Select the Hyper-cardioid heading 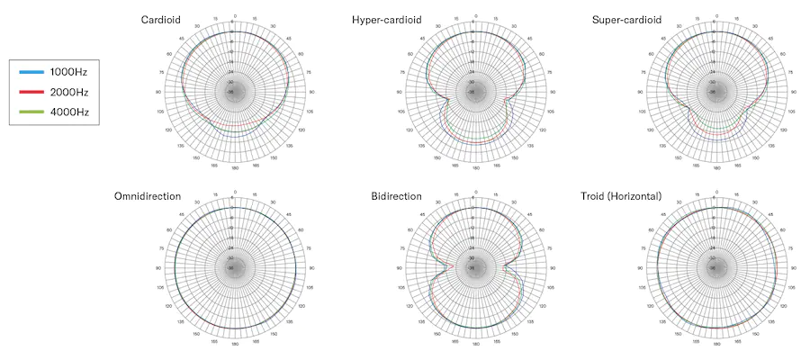pos(386,20)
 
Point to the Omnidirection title pos(148,196)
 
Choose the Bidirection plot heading pos(395,196)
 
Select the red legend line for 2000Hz pos(31,92)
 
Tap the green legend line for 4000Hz pos(31,112)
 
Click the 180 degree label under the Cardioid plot pos(235,168)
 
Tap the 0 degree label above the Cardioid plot pos(235,17)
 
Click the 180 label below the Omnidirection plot pos(235,344)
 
